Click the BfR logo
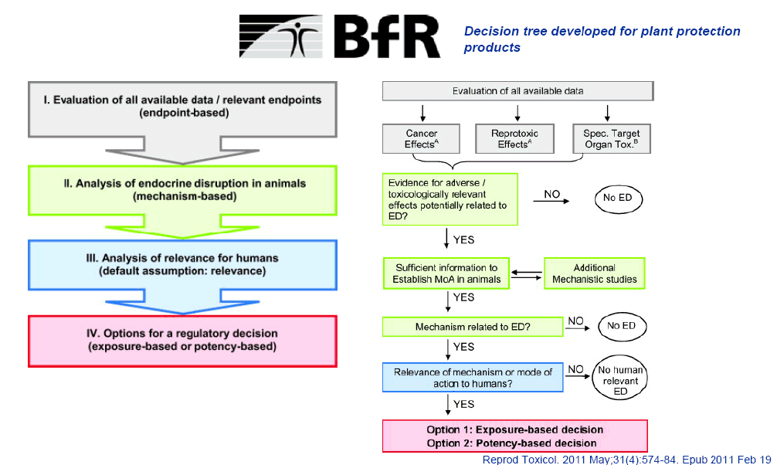coord(340,36)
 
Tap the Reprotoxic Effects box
coord(514,139)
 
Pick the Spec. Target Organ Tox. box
coord(610,139)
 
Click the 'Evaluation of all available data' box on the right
coord(517,91)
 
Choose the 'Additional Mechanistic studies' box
coord(595,273)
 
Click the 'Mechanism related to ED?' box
coord(472,327)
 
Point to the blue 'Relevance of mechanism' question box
coord(473,377)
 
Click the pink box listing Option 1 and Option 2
coord(514,436)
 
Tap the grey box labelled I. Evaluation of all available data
coord(182,106)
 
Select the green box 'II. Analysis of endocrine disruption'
coord(182,189)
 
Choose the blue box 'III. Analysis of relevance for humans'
coord(182,265)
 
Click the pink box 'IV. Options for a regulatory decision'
coord(182,341)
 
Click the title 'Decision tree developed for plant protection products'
coord(602,39)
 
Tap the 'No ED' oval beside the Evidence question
coord(618,199)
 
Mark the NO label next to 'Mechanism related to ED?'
coord(576,320)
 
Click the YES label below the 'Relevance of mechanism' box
coord(464,404)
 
